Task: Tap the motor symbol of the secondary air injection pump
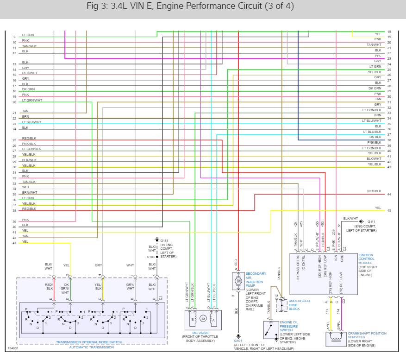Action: (239, 281)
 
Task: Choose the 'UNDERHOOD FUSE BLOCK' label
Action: (299, 304)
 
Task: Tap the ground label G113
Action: (164, 240)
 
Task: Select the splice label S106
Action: (151, 257)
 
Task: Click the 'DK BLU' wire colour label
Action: (375, 137)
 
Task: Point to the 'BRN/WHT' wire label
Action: (30, 192)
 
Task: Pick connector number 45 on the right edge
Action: (389, 211)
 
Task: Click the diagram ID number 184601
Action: (12, 348)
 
